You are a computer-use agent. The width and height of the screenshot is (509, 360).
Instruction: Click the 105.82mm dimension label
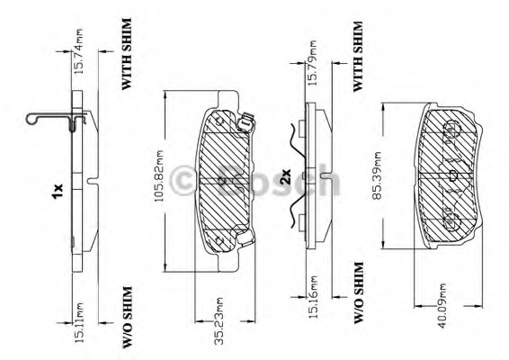pos(159,175)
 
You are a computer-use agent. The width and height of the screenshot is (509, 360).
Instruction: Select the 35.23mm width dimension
pos(219,320)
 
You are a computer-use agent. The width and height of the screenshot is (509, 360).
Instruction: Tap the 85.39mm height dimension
pos(377,175)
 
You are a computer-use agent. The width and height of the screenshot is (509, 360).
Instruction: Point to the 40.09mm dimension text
pos(442,306)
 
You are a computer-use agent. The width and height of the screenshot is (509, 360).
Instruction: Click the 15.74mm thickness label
pos(78,51)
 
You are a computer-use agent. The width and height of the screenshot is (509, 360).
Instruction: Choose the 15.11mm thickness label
pos(78,322)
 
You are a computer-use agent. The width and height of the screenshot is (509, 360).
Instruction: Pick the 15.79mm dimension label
pos(311,63)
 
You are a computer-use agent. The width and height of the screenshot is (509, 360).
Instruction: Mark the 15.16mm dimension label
pos(312,296)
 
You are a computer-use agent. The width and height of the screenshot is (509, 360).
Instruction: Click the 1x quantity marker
pos(58,191)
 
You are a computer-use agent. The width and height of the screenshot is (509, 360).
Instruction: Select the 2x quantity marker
pos(286,176)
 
